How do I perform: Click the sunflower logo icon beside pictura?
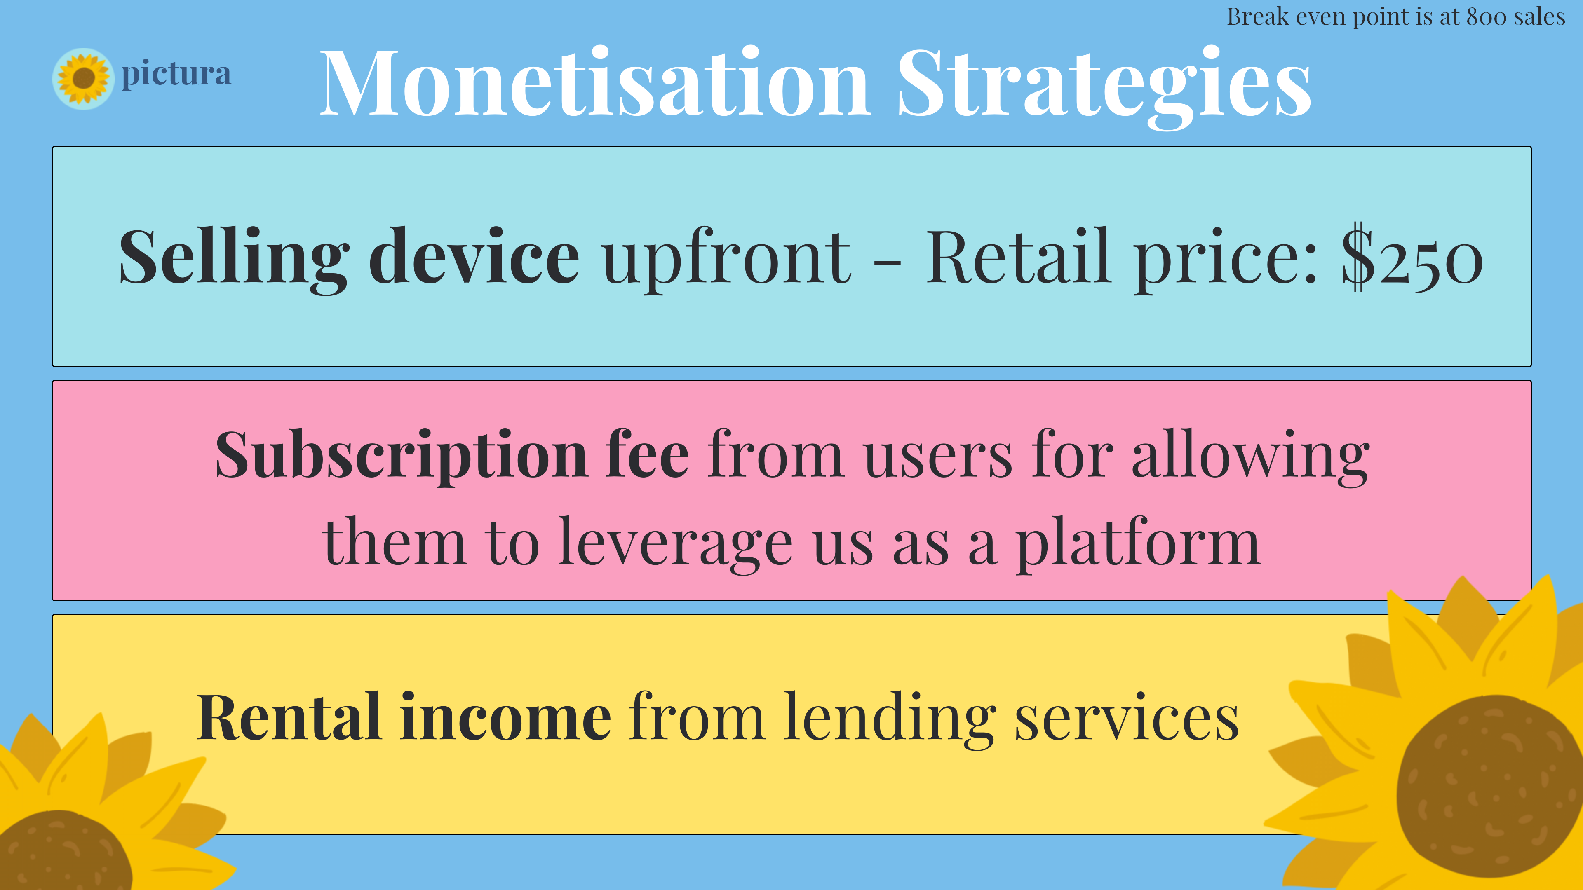point(84,79)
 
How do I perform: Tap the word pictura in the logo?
point(176,75)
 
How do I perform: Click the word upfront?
point(727,258)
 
